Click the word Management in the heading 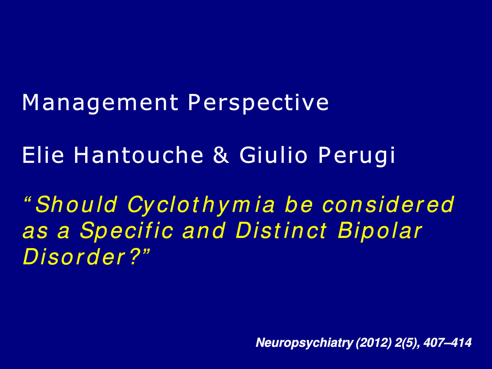click(x=100, y=103)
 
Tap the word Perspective click(x=258, y=103)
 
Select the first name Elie click(x=43, y=155)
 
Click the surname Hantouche click(x=139, y=155)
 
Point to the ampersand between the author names click(x=221, y=155)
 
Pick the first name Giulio click(x=273, y=155)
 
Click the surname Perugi click(x=357, y=156)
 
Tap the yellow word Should click(x=77, y=204)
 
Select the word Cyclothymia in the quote click(x=201, y=205)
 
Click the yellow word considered click(x=388, y=204)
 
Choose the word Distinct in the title click(x=281, y=230)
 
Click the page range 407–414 click(x=447, y=343)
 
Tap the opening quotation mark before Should click(x=27, y=199)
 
